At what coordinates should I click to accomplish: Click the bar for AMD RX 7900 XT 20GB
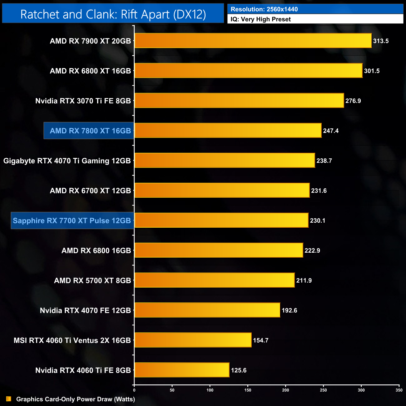253,41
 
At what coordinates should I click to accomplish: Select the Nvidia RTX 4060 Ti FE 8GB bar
182,370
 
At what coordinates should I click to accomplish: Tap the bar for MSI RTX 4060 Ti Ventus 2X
193,340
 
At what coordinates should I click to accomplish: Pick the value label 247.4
331,131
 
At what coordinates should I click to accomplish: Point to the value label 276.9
353,101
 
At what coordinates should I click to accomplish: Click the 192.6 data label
289,310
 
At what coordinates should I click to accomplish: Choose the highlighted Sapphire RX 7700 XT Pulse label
72,220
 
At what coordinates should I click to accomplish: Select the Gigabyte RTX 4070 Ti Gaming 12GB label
67,161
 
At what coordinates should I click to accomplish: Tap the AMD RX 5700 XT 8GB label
92,280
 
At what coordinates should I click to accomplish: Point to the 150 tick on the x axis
248,390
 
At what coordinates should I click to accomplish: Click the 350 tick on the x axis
399,390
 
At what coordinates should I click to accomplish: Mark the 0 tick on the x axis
134,390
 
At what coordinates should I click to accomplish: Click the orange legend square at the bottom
8,399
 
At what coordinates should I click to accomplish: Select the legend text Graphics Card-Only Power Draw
76,399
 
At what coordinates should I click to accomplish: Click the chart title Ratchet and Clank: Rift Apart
113,14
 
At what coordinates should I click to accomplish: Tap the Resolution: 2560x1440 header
264,9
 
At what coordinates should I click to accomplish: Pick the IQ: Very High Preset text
260,19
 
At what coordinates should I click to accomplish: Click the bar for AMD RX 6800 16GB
219,250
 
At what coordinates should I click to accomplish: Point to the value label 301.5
372,71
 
